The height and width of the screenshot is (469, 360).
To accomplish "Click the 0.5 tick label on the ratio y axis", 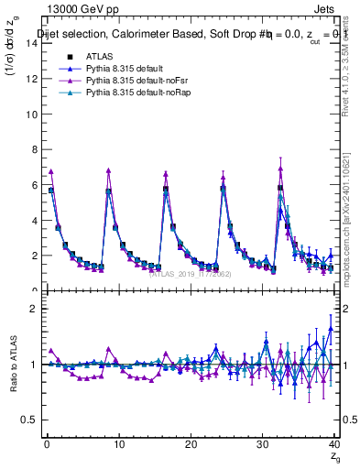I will (30, 420).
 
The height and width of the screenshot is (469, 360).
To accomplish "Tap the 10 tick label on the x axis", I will (117, 444).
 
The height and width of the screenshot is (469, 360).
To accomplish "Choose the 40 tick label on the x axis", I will (333, 444).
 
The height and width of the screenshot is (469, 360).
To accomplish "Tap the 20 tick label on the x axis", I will (190, 444).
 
